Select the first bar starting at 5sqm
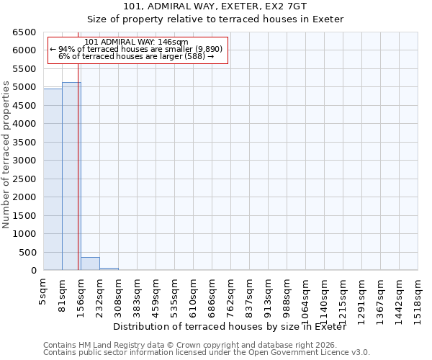point(53,180)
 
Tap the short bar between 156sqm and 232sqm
point(90,264)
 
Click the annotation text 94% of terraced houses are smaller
point(136,49)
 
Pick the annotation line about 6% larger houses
point(136,56)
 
